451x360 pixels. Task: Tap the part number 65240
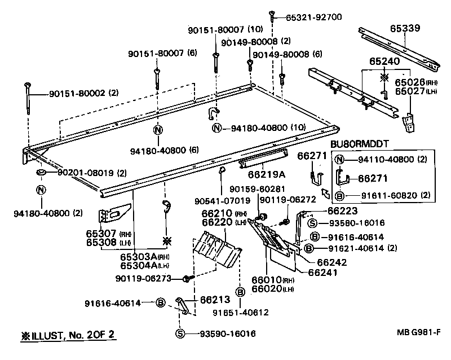tap(384, 60)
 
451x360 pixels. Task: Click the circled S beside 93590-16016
tap(180, 333)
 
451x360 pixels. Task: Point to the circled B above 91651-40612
tap(240, 292)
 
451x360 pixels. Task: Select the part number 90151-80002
tap(76, 93)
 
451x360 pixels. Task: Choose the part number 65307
tap(101, 233)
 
